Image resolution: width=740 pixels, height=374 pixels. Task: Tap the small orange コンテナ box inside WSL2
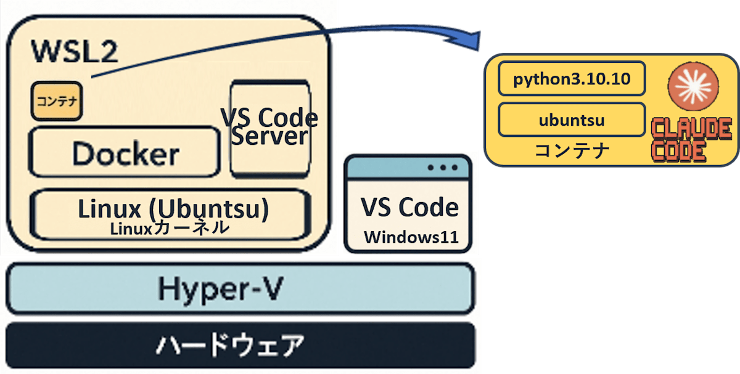pos(56,101)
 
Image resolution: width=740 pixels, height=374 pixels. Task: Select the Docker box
pos(125,153)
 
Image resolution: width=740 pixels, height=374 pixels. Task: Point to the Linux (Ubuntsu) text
pos(173,209)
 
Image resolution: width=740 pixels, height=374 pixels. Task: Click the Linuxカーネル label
pos(170,229)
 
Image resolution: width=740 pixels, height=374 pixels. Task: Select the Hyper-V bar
pos(240,288)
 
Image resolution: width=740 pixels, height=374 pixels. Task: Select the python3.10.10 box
pos(572,78)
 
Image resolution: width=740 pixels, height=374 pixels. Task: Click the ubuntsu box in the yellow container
pos(572,120)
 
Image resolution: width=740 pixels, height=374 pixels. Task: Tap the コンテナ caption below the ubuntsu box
pos(572,151)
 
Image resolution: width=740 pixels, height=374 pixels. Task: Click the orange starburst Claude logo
pos(690,88)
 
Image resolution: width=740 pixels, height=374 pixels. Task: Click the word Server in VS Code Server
pos(269,136)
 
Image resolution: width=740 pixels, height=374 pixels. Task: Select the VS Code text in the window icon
pos(409,208)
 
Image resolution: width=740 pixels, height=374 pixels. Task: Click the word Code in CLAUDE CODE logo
pos(679,152)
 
